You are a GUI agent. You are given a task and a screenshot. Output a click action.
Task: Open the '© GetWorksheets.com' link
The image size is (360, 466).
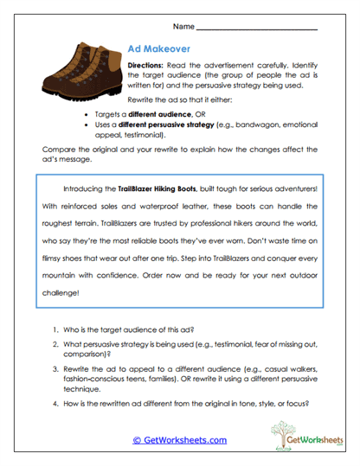pos(180,439)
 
